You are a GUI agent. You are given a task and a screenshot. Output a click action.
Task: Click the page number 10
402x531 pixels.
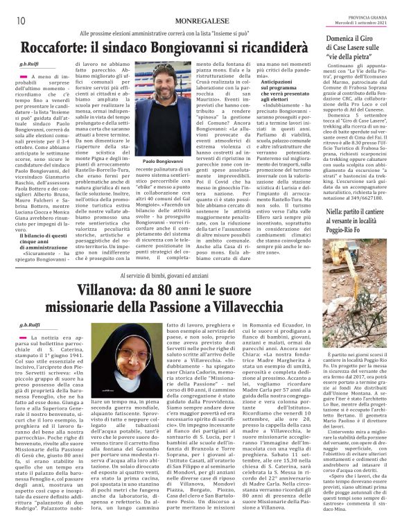(x=12, y=9)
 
